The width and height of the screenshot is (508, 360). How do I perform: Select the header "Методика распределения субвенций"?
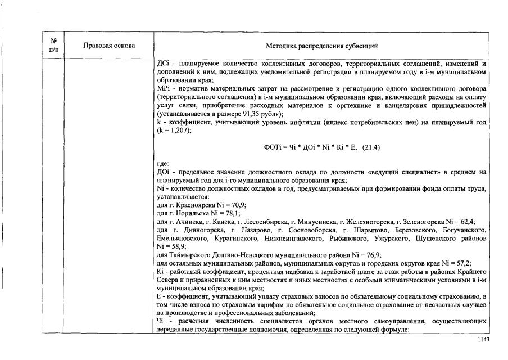321,45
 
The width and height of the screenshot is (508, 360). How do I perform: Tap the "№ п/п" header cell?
55,45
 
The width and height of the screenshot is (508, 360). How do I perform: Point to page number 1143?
483,340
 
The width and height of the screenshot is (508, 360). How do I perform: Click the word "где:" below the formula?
163,164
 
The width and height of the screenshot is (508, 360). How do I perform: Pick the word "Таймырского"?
189,254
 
